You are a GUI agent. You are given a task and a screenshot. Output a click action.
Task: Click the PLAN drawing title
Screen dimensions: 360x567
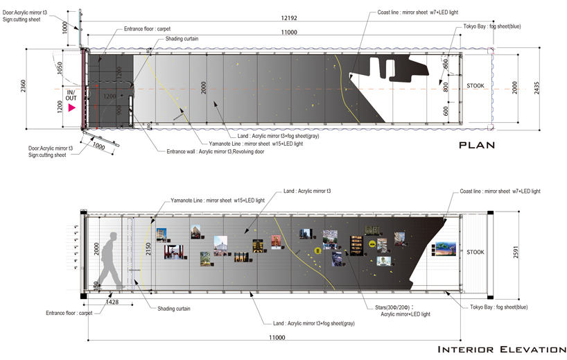pos(478,145)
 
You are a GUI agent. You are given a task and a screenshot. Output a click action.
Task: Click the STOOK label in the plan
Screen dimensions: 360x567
pos(476,86)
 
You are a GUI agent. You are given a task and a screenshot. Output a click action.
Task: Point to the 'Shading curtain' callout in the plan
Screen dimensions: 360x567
pos(182,39)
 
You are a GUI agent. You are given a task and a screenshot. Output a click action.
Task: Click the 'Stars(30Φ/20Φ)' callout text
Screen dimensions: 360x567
pos(387,306)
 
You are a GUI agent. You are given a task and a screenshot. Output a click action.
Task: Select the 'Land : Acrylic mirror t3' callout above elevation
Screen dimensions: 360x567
pos(308,190)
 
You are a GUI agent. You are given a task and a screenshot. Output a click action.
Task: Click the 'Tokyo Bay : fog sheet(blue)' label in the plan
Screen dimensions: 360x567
pos(491,26)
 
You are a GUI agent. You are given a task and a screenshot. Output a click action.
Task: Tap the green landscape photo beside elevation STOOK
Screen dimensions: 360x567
pos(445,248)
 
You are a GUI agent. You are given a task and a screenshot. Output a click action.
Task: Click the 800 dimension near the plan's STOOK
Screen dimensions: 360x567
pos(446,86)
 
